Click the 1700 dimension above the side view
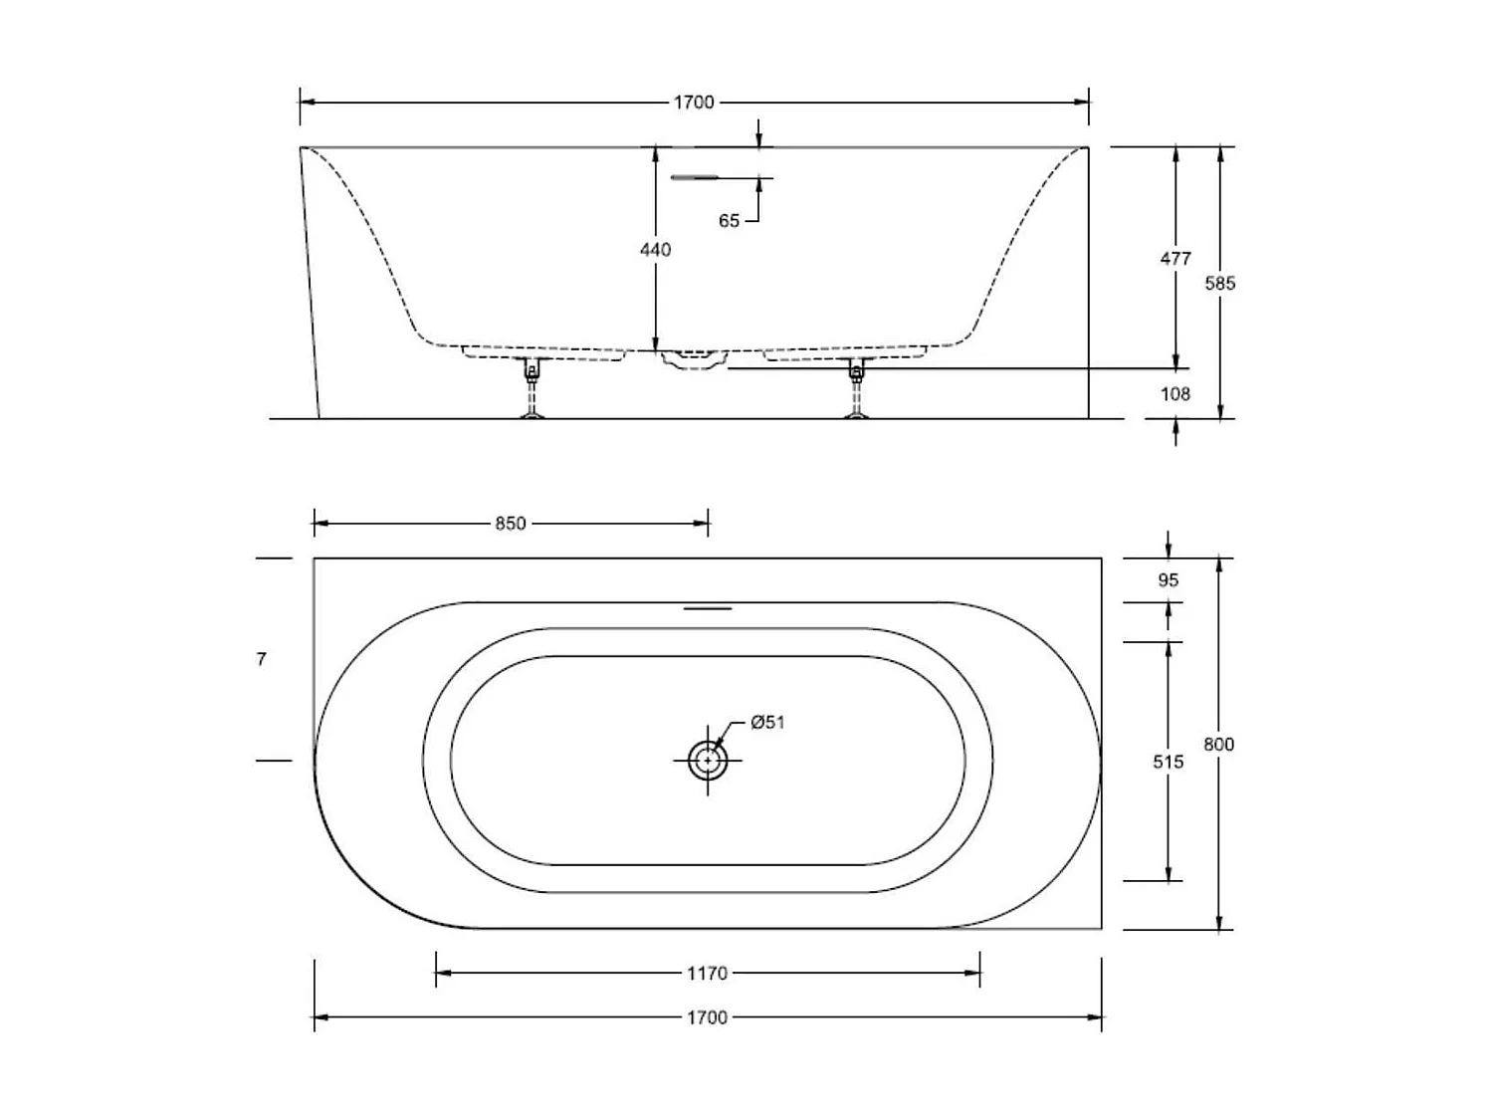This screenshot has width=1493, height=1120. click(694, 103)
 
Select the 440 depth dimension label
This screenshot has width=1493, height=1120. click(655, 250)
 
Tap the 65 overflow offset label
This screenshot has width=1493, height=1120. click(730, 221)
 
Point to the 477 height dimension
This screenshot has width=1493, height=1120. click(1175, 259)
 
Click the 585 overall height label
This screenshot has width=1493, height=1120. click(1220, 284)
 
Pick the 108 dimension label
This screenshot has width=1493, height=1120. click(1175, 394)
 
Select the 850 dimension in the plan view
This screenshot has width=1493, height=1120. click(511, 524)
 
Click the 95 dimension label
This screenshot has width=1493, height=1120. click(1169, 580)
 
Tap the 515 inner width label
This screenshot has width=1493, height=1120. click(1169, 762)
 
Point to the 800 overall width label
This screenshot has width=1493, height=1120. click(1219, 745)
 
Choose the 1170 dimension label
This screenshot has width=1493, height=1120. click(708, 974)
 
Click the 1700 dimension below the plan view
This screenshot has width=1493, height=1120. click(708, 1017)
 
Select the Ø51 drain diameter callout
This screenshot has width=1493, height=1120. click(767, 723)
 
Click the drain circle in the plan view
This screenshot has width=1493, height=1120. click(708, 761)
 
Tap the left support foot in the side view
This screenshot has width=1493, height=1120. click(533, 390)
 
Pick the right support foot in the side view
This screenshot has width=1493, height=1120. click(855, 390)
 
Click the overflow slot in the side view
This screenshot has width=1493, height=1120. click(694, 177)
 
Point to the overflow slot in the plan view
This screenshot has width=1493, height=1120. click(708, 607)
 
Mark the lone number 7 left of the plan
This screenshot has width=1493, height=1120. click(262, 659)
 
